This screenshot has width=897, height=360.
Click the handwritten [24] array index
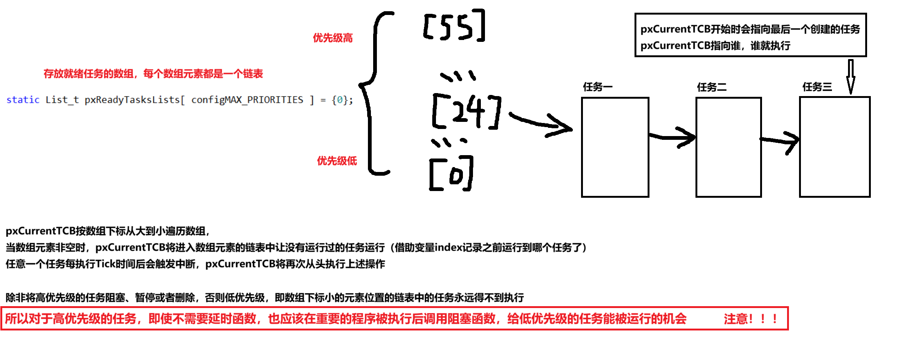[x=467, y=111]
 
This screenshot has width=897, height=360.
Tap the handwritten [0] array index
[x=451, y=174]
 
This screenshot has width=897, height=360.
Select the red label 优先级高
[x=333, y=38]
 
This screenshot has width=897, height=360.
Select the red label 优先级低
[x=337, y=161]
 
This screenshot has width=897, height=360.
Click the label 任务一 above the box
[x=598, y=87]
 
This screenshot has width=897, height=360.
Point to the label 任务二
[x=712, y=87]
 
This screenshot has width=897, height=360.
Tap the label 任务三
[x=817, y=87]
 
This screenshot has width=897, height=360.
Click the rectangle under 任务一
[x=615, y=147]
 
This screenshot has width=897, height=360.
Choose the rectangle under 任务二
[x=728, y=147]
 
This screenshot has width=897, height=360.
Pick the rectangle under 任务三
[x=835, y=147]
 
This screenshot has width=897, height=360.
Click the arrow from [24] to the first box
[x=540, y=122]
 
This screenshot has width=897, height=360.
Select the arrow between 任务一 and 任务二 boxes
[x=672, y=137]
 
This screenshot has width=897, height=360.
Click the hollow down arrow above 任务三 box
[x=851, y=77]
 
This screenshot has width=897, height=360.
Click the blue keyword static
[x=23, y=100]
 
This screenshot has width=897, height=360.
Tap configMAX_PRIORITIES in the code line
[x=247, y=100]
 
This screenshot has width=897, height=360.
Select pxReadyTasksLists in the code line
[x=132, y=100]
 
